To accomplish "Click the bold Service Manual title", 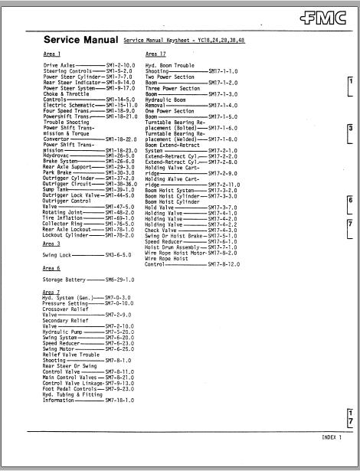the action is [x=80, y=39].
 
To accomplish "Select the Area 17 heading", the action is [x=155, y=54].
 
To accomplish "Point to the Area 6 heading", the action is [x=52, y=269].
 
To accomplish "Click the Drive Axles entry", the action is [x=59, y=67].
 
